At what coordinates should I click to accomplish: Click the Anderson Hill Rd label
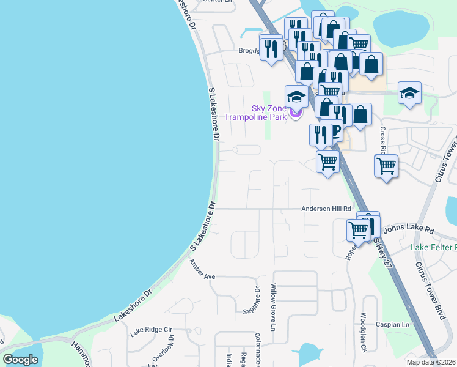coord(326,209)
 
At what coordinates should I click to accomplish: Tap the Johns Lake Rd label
coord(409,229)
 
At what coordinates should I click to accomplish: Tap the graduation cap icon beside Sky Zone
coord(296,97)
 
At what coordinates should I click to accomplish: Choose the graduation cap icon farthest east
coord(409,93)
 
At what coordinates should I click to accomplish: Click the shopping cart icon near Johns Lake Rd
coord(358,230)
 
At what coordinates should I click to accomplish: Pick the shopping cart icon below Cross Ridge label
coord(386,165)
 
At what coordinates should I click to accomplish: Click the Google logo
coord(20,360)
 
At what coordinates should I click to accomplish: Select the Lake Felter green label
coord(434,247)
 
